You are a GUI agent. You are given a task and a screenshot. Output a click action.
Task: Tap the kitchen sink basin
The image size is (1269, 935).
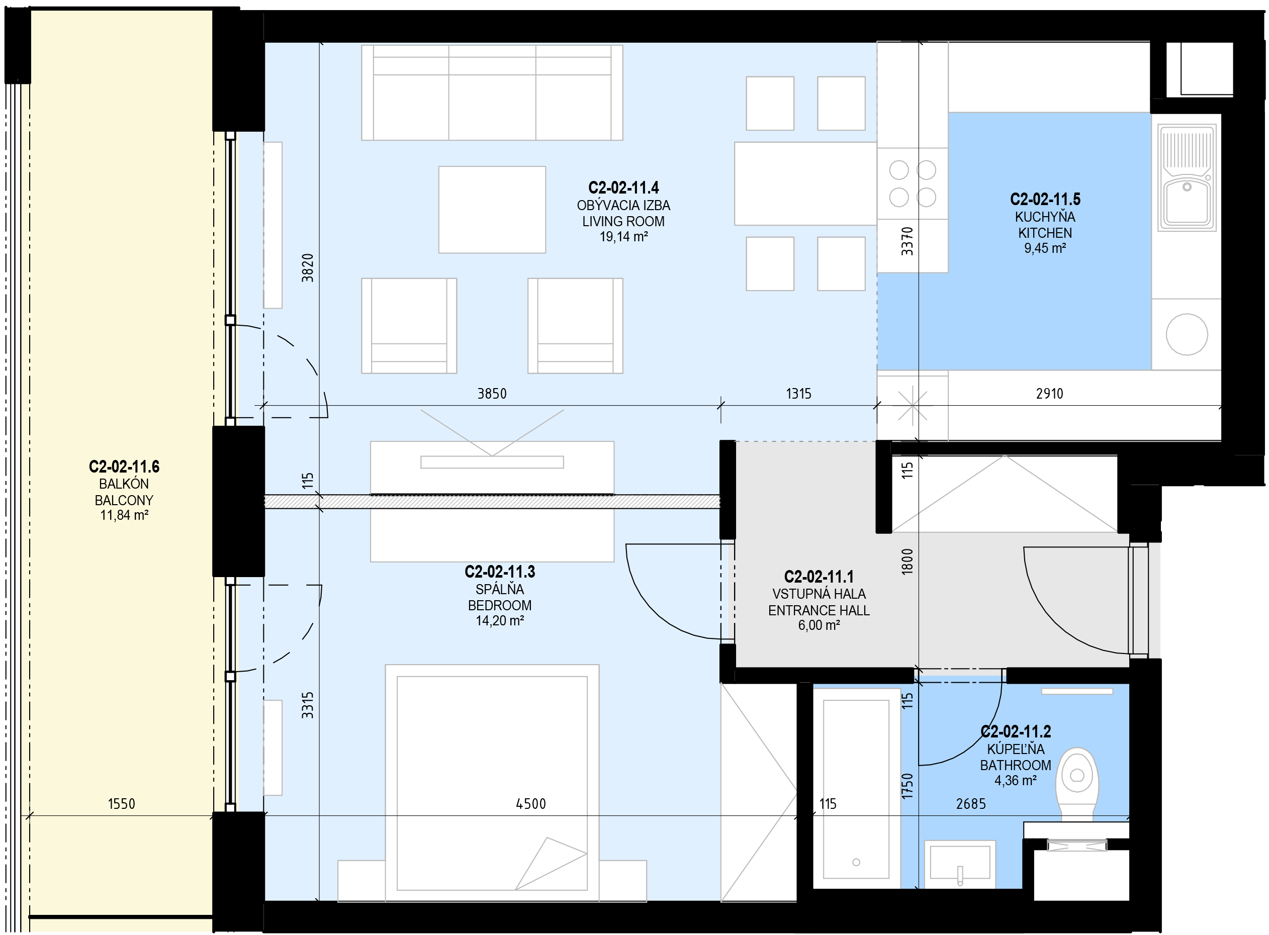point(1187,201)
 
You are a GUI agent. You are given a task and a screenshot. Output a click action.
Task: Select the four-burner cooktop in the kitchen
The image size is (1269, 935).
point(913,183)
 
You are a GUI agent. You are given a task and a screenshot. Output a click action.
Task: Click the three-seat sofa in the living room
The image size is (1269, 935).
point(492,93)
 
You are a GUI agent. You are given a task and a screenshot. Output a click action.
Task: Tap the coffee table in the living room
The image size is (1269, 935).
point(492,210)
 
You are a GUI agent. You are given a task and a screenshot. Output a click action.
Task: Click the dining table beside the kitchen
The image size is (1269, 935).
point(805,183)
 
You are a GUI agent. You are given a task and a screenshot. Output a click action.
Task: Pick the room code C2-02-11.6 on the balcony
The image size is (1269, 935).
point(124,466)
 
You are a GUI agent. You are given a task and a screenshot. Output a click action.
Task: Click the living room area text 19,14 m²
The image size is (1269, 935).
point(624,237)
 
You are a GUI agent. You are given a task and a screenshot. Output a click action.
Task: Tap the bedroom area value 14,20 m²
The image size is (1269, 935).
point(500,620)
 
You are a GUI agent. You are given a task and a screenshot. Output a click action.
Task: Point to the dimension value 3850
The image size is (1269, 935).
point(492,394)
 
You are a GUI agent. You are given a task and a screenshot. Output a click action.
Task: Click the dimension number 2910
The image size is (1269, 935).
point(1049,394)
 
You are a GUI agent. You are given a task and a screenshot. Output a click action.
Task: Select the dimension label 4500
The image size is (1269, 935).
point(531,804)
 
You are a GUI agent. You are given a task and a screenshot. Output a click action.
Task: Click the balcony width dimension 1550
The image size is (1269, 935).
point(122,804)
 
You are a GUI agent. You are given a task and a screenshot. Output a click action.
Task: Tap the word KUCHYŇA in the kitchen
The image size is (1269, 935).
point(1045,217)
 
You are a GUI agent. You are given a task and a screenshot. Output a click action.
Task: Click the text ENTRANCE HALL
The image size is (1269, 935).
point(819,610)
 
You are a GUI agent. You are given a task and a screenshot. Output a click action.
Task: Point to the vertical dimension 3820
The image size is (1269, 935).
point(307,268)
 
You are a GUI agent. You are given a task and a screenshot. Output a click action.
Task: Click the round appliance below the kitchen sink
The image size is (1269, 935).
point(1187,334)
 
